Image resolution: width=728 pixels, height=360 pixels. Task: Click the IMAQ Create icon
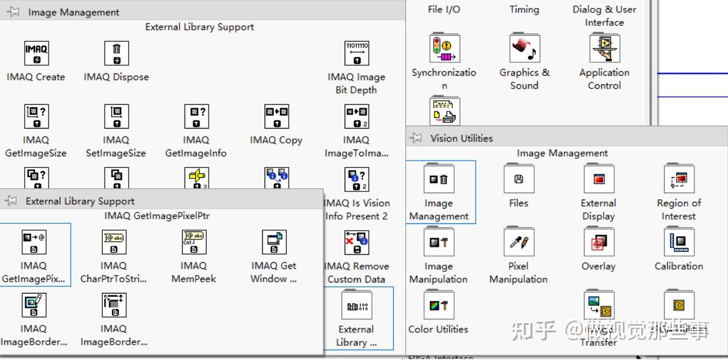[x=36, y=53]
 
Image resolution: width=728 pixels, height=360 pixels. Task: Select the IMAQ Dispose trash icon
[x=116, y=53]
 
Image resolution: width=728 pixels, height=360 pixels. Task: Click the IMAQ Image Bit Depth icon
[x=356, y=53]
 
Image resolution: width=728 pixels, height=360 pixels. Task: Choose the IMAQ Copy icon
[x=276, y=116]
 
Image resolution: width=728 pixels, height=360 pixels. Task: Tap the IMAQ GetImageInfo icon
[x=196, y=116]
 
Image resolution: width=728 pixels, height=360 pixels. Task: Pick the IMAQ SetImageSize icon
[x=116, y=116]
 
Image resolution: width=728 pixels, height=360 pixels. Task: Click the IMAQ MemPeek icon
[x=194, y=242]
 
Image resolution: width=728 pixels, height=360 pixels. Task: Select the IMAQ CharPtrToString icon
[x=114, y=242]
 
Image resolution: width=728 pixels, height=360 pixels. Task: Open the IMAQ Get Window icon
[x=274, y=242]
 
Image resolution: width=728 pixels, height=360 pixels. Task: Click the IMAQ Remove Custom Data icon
[x=357, y=242]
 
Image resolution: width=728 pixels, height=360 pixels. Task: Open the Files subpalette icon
[x=519, y=179]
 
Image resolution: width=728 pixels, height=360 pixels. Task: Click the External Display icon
[x=599, y=179]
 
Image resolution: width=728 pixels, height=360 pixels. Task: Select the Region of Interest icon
[x=679, y=179]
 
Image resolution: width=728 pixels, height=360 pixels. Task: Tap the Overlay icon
[x=599, y=242]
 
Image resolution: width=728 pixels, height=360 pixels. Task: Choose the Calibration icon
[x=679, y=242]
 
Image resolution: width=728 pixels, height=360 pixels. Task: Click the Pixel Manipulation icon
[x=519, y=242]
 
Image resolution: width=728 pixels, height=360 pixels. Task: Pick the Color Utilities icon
[x=439, y=305]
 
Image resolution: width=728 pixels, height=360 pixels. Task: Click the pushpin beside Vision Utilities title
[x=417, y=138]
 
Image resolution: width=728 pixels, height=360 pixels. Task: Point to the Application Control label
[x=604, y=79]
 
